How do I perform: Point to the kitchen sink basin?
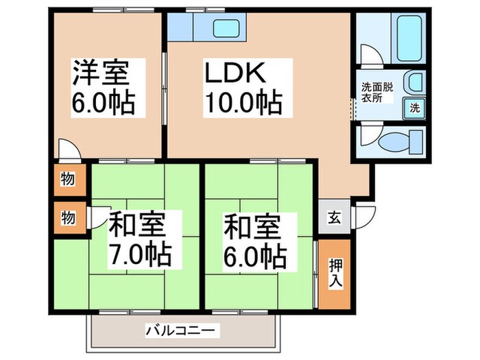[226, 29]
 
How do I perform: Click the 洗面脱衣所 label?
[376, 93]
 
